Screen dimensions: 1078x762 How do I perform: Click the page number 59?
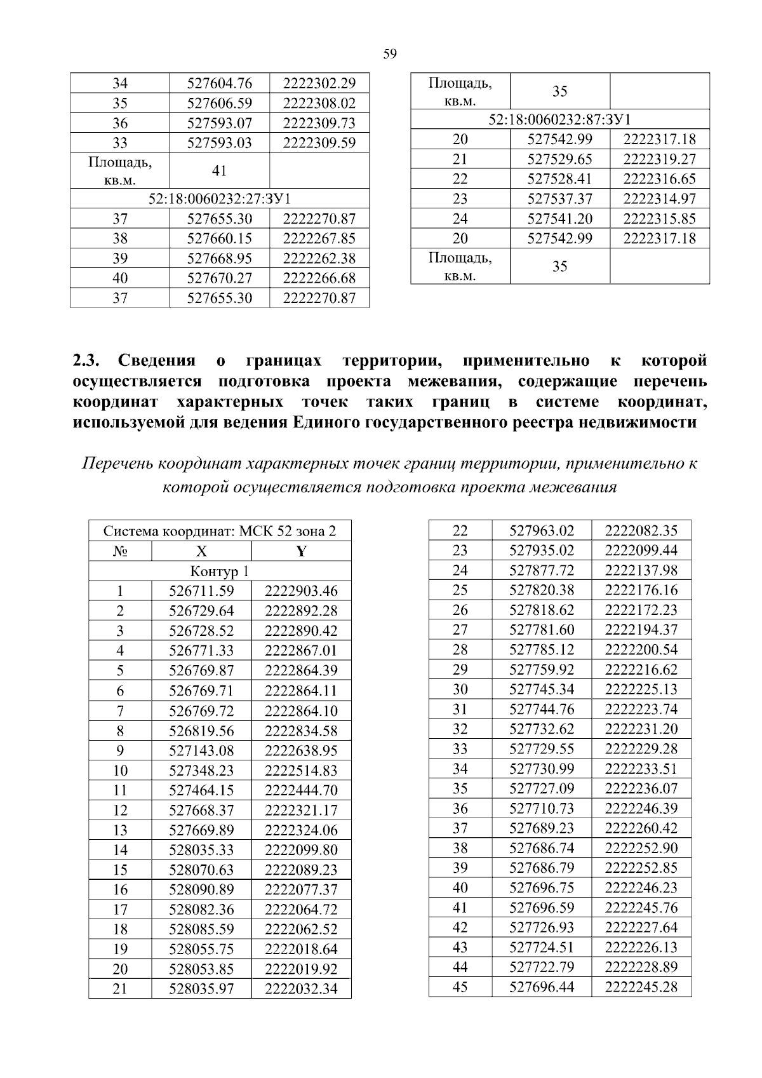390,54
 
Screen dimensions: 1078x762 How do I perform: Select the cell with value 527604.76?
219,83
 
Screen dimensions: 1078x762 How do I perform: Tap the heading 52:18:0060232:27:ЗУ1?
219,198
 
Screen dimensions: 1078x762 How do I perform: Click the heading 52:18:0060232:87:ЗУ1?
559,119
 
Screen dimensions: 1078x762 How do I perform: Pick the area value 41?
219,171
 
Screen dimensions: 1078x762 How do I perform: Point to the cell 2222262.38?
319,258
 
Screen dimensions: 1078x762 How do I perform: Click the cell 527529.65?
559,159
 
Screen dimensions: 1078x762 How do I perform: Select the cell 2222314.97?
659,199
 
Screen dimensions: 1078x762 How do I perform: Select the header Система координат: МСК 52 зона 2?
219,531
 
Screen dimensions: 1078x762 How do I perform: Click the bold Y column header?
301,551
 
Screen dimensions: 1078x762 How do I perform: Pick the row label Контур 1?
219,571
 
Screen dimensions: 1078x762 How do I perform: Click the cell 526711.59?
201,591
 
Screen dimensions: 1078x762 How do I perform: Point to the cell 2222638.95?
301,750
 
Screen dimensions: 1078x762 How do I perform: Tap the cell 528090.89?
201,889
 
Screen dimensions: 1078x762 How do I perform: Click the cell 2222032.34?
301,988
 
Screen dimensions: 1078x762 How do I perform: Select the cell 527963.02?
542,530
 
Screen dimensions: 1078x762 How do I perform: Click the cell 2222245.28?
641,987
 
